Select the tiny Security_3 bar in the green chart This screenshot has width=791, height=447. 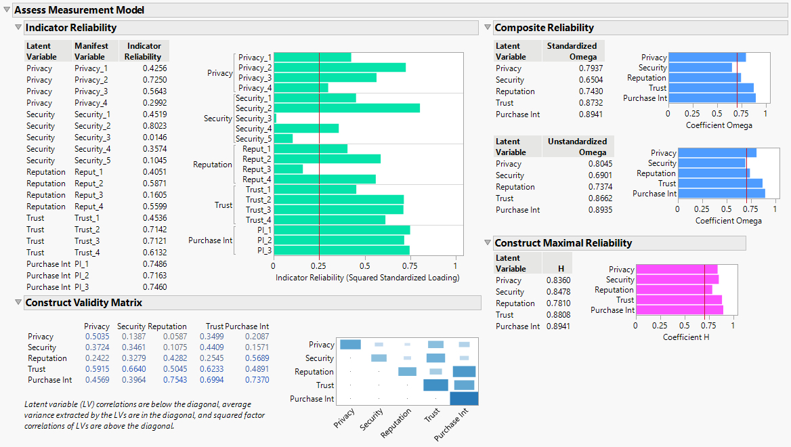276,119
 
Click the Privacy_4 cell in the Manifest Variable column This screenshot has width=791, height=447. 91,103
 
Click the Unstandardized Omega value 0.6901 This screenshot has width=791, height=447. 599,175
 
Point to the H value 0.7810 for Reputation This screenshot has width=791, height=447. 558,303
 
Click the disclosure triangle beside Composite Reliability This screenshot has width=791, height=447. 488,28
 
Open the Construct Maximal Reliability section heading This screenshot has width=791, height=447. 563,243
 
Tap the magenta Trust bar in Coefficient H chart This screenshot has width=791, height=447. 678,300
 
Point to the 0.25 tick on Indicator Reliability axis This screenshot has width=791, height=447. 319,266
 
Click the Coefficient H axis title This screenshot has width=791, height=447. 686,337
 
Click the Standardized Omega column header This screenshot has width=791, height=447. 573,51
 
